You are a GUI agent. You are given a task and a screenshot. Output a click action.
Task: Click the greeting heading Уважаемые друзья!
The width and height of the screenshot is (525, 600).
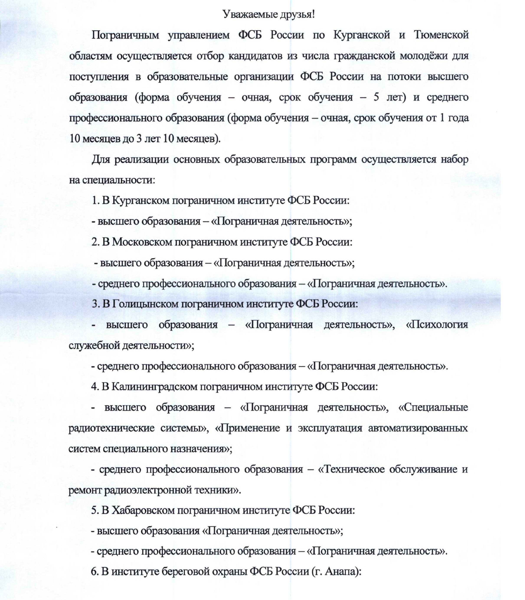pyautogui.click(x=269, y=14)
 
